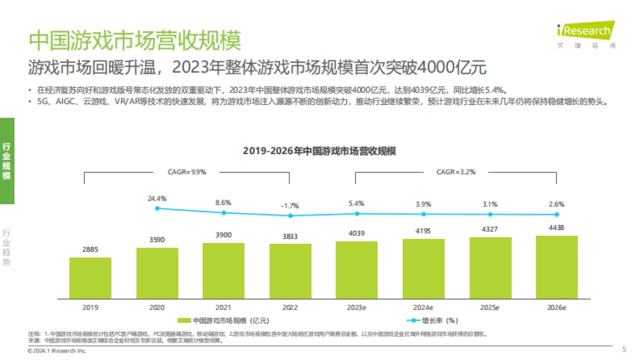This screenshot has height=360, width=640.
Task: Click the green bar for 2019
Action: pyautogui.click(x=90, y=278)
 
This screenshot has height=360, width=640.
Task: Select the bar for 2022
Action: pyautogui.click(x=290, y=271)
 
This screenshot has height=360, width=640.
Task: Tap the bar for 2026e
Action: pyautogui.click(x=557, y=267)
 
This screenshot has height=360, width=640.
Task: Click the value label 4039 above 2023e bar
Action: pyautogui.click(x=357, y=233)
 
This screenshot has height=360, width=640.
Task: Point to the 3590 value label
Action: pyautogui.click(x=157, y=239)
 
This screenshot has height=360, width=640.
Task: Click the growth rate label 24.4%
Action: pyautogui.click(x=157, y=198)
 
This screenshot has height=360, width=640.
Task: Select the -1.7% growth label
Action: pyautogui.click(x=290, y=205)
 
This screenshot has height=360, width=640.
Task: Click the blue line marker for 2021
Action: pyautogui.click(x=224, y=213)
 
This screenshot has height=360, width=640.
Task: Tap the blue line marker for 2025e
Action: pyautogui.click(x=490, y=214)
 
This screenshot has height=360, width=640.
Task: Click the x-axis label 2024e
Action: pyautogui.click(x=423, y=308)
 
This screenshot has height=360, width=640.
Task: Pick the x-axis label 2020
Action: pyautogui.click(x=157, y=308)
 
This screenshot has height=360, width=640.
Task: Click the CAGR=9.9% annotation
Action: pyautogui.click(x=187, y=172)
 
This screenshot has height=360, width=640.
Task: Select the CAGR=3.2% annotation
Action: pyautogui.click(x=456, y=172)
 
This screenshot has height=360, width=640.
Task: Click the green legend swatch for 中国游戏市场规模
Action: pyautogui.click(x=183, y=321)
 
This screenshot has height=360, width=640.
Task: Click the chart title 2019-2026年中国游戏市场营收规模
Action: pyautogui.click(x=319, y=151)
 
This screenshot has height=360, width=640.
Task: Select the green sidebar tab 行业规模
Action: pyautogui.click(x=7, y=161)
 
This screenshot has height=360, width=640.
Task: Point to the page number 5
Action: pyautogui.click(x=625, y=350)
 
